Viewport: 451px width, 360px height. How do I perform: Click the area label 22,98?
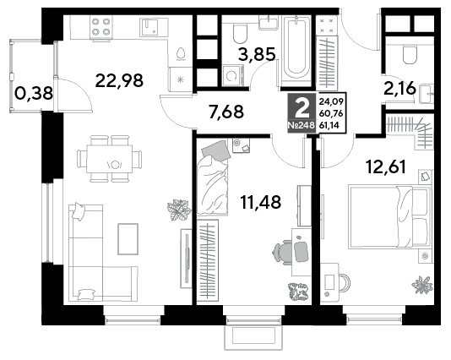tap(119, 80)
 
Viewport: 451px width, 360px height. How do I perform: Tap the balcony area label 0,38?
tap(34, 94)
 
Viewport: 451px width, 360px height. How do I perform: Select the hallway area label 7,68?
tap(226, 112)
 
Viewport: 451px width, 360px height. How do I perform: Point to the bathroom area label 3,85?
tap(257, 54)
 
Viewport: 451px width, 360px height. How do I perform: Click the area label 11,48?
tap(261, 202)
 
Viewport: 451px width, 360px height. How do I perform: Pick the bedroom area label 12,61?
tap(386, 166)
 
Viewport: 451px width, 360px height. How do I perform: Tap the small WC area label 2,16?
tap(399, 89)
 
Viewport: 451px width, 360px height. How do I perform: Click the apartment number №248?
tap(302, 125)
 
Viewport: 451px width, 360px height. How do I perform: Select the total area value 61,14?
tap(331, 125)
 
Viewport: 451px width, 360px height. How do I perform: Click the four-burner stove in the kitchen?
tap(101, 27)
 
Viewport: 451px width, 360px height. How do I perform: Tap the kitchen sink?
tap(154, 27)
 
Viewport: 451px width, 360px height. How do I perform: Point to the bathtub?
tap(296, 52)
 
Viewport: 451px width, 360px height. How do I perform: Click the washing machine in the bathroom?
tap(233, 76)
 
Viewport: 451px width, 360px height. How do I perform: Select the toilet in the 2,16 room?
tap(410, 54)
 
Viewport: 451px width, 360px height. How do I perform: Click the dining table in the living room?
tap(110, 159)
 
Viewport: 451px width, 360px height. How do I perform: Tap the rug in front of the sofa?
tap(128, 239)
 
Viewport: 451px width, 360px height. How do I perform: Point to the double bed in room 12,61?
tap(390, 216)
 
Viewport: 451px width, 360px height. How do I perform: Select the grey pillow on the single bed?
tap(216, 150)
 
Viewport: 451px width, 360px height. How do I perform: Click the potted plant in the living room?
tap(179, 210)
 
